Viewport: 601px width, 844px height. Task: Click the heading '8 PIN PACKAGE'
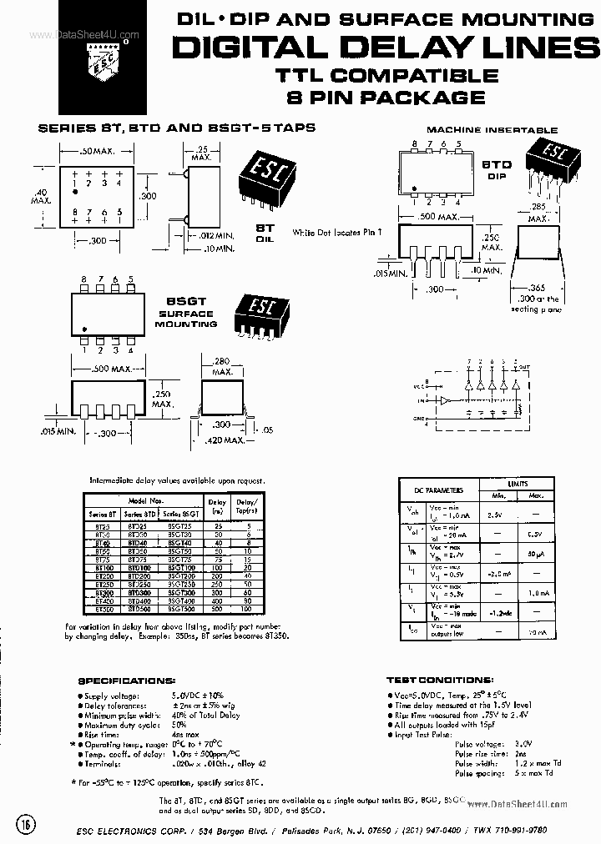point(385,98)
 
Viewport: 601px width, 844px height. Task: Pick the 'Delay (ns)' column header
point(217,506)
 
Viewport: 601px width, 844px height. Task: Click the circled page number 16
point(26,825)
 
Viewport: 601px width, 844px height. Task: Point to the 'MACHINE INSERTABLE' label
point(492,130)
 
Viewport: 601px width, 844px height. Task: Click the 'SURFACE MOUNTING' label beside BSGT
point(186,319)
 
